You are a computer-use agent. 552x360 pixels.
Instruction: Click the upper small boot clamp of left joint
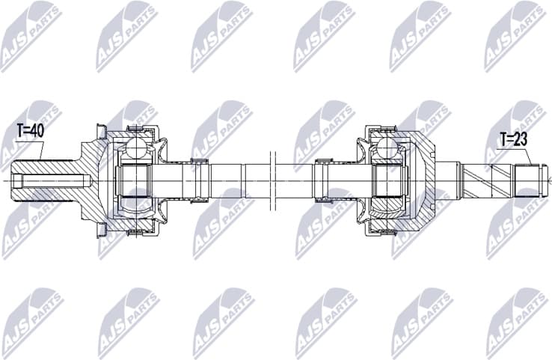[198, 162]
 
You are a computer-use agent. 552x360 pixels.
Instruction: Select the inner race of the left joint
[135, 180]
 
